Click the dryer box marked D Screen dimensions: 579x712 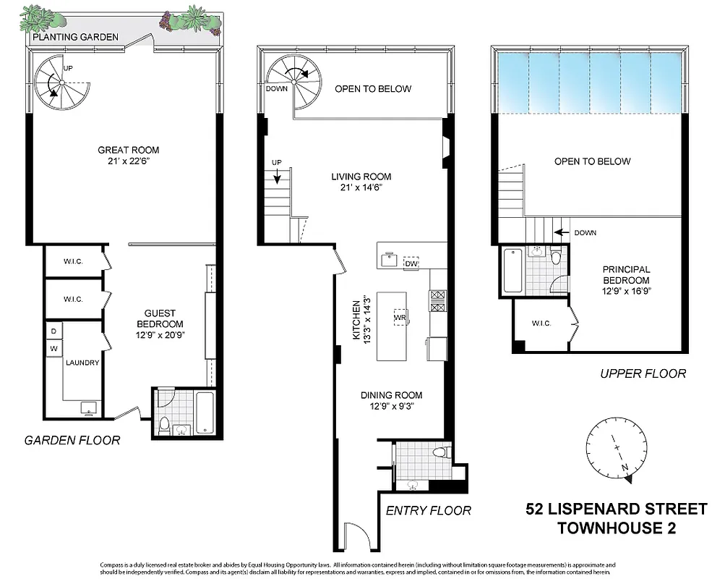coord(53,331)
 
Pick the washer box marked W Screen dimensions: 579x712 coord(53,347)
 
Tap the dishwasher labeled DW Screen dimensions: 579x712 coord(412,264)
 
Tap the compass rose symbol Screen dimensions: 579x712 coord(615,449)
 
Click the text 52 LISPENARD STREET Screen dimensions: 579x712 coord(616,509)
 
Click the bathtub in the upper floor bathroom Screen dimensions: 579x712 coord(512,270)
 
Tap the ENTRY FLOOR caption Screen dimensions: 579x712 coord(428,510)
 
